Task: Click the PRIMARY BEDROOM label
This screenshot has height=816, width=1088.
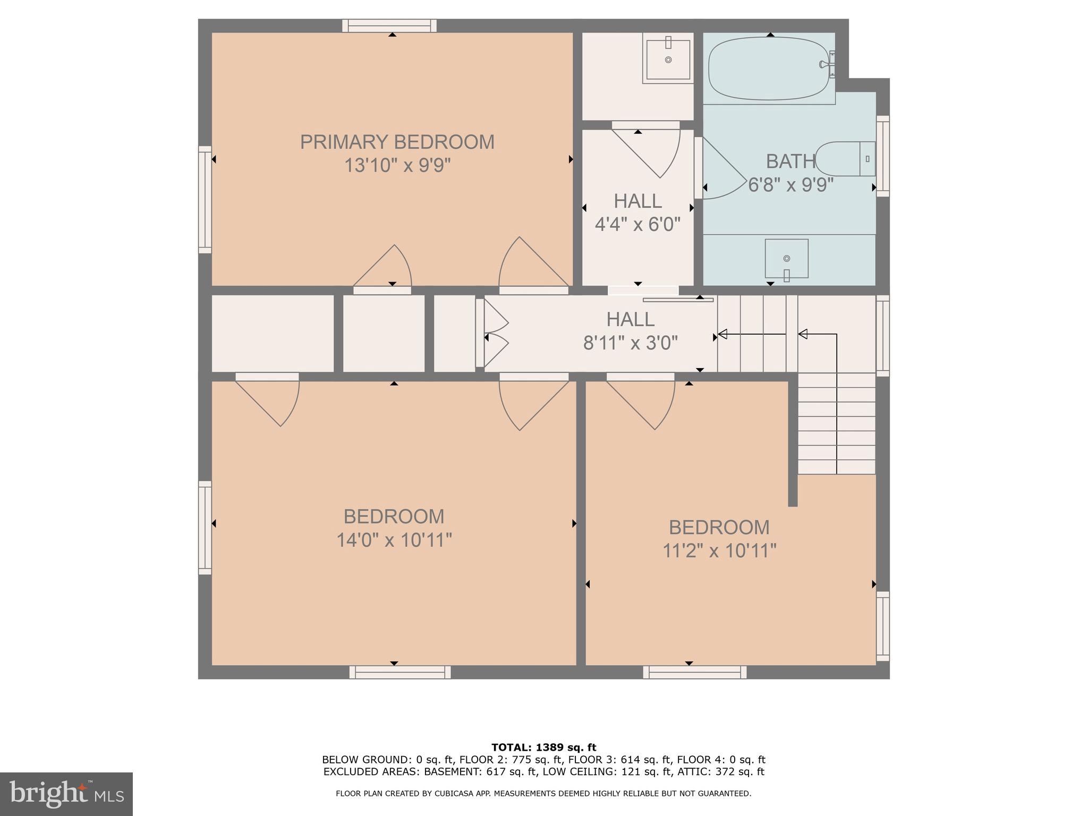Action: [x=397, y=142]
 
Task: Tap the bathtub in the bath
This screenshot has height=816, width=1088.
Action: [x=769, y=68]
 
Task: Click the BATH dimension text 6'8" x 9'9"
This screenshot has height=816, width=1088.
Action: [x=790, y=185]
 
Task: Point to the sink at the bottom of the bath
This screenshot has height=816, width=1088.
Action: [x=786, y=259]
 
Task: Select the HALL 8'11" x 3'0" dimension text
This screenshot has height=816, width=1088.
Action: [x=631, y=343]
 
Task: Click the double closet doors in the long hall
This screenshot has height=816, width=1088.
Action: [x=494, y=333]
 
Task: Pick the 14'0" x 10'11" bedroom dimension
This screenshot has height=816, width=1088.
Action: [x=394, y=540]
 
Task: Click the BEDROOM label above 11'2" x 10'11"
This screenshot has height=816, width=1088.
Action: [x=719, y=528]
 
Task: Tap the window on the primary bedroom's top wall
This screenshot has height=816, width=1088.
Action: [x=389, y=25]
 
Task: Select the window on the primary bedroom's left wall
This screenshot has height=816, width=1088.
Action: [x=205, y=199]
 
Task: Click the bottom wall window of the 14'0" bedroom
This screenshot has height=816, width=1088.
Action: [x=399, y=673]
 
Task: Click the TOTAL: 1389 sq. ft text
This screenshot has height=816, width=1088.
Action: [x=543, y=747]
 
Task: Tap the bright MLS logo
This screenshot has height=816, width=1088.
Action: [x=66, y=794]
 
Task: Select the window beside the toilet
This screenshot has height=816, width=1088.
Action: [x=882, y=156]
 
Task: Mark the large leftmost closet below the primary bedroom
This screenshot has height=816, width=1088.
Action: [x=273, y=334]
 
